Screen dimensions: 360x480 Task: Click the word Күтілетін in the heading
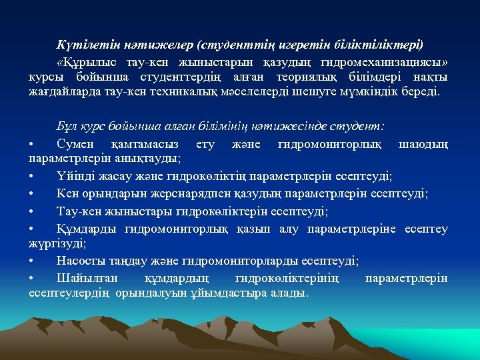[x=81, y=45]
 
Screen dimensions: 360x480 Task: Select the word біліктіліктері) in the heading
[x=382, y=45]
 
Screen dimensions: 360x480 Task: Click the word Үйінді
[x=76, y=176]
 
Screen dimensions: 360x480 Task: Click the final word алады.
[x=289, y=293]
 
